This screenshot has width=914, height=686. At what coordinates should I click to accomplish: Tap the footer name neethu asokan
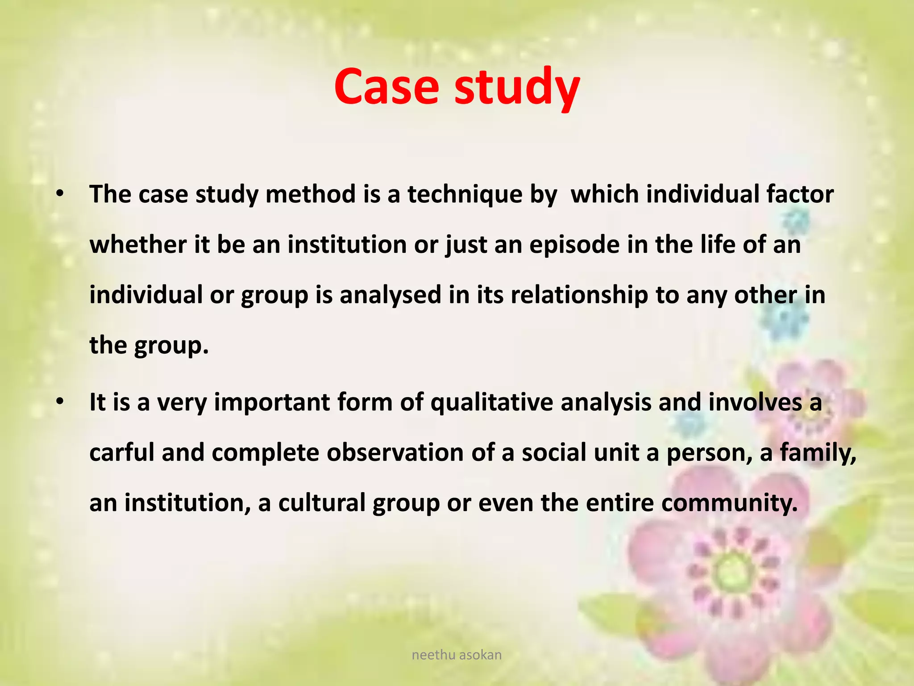click(x=457, y=655)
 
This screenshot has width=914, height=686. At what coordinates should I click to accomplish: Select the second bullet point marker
click(x=60, y=402)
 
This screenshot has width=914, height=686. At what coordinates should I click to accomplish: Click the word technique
click(x=465, y=195)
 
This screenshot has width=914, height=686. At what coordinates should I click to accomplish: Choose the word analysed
click(x=390, y=295)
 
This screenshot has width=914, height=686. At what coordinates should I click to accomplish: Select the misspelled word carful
click(x=121, y=453)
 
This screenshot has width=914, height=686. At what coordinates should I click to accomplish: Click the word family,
click(x=818, y=453)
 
